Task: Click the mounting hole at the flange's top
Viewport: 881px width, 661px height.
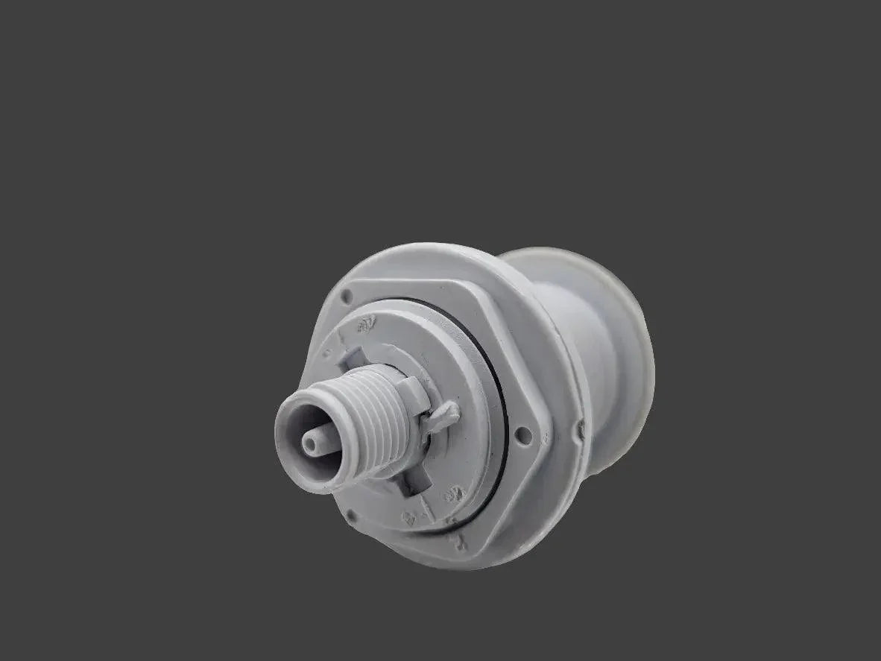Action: [x=346, y=297]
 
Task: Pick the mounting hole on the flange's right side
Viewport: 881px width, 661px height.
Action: [x=524, y=433]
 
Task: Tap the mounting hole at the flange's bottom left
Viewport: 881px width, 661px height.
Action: [x=350, y=514]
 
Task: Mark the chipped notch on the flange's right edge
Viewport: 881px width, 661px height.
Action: [x=581, y=429]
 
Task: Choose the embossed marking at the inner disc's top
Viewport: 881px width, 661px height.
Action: [x=365, y=326]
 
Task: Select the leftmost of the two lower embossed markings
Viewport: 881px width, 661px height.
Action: [x=409, y=517]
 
